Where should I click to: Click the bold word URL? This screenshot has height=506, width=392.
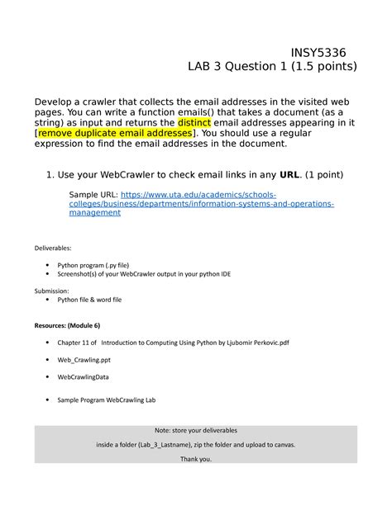[291, 174]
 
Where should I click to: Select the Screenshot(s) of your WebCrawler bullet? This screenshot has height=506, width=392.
[149, 275]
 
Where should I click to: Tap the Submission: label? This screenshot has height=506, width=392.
[51, 291]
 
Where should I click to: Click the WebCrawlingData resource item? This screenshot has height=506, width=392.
[83, 377]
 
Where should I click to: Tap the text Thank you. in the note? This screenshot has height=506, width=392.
[195, 460]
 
